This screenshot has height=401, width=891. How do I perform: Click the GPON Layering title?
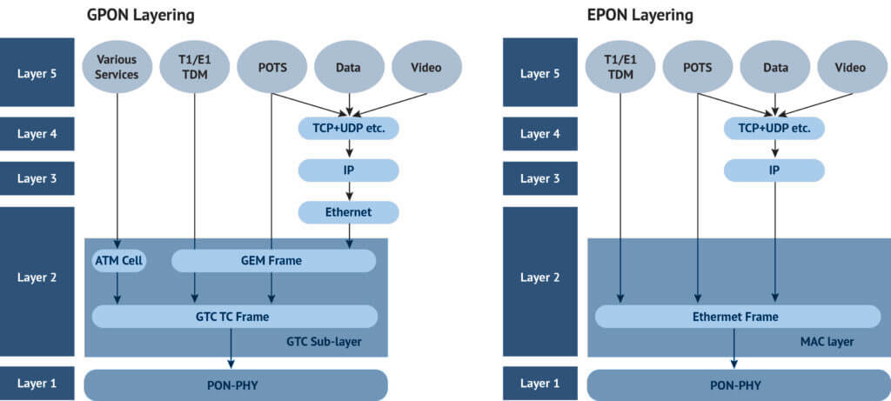(x=140, y=15)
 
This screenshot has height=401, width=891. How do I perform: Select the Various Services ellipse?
(x=117, y=67)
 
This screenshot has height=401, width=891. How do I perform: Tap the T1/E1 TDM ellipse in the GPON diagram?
(x=194, y=67)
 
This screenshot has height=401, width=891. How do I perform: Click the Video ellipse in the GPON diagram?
(x=426, y=67)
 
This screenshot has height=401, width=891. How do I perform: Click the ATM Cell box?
(x=117, y=260)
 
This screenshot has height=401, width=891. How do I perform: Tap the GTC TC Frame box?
(x=235, y=317)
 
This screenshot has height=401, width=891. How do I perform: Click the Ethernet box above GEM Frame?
(x=348, y=211)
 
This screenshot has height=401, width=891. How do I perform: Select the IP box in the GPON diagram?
(x=348, y=170)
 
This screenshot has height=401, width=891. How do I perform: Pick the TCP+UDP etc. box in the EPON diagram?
(x=774, y=128)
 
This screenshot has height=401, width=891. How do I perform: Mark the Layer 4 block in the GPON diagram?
(x=37, y=134)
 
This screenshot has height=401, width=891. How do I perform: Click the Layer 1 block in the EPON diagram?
(x=541, y=384)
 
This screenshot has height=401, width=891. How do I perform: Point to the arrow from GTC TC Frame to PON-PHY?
(x=231, y=348)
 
